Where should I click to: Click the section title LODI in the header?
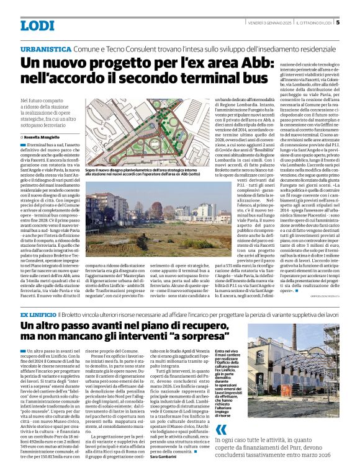click(x=38, y=25)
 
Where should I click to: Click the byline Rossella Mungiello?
click(x=46, y=136)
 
